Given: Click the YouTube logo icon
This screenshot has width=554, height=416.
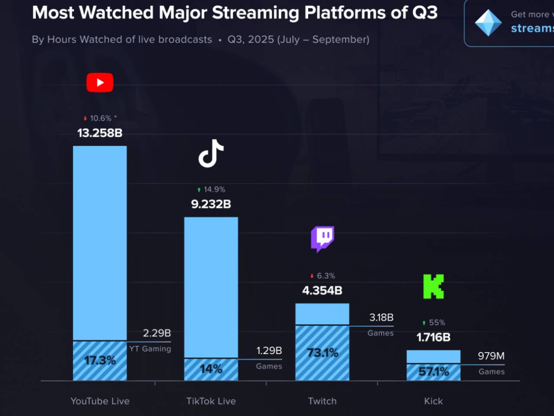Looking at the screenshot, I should pos(100,82).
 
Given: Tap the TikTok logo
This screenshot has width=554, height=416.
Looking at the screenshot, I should pos(211,153).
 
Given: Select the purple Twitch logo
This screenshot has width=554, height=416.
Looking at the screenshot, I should pos(322,238).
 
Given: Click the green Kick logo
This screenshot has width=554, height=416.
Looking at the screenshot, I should pos(433,286).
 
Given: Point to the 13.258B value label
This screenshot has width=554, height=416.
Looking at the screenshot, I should pos(100,133).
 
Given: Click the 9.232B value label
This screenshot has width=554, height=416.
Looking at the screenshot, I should pos(211,204).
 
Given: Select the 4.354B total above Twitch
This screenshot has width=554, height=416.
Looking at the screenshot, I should pos(322,291).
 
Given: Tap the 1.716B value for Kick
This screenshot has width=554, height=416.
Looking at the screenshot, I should pos(433,338).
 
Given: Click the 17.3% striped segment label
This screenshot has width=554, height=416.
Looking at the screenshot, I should pos(100,361).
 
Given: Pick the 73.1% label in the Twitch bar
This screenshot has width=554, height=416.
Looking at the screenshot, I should pos(322,353).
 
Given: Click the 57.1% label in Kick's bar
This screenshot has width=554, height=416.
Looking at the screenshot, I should pos(433,372).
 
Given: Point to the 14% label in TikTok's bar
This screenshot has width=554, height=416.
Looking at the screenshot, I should pos(211,369).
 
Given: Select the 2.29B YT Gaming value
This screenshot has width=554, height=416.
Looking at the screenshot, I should pos(157,333).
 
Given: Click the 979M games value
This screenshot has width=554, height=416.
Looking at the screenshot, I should pos(491,356).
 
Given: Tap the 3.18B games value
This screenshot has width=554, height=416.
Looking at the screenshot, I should pos(381,318).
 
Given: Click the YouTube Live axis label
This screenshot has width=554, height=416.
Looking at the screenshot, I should pos(100,401).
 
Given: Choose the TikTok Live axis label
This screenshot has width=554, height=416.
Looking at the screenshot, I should pos(211,401).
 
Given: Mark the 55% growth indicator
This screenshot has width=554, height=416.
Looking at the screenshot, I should pos(434,323).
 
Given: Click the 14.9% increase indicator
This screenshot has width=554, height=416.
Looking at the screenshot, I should pos(211,190).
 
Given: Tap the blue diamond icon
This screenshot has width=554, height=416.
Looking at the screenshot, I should pos(488,23).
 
